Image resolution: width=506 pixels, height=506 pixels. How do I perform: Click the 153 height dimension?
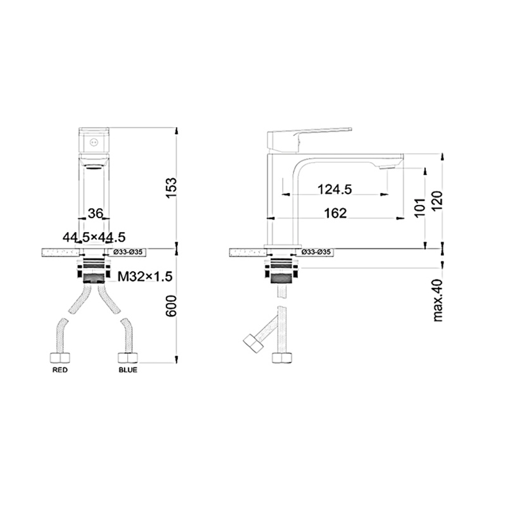(x=171, y=188)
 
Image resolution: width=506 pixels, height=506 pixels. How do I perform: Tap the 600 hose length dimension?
(x=171, y=305)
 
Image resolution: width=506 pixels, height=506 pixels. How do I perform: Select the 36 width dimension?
(x=96, y=213)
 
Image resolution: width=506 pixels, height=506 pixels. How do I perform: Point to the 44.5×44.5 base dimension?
(x=94, y=237)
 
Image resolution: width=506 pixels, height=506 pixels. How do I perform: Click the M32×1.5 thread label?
(x=145, y=276)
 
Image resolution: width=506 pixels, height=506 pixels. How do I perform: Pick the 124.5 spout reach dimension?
(x=335, y=189)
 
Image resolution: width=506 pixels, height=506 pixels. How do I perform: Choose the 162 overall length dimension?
(x=335, y=213)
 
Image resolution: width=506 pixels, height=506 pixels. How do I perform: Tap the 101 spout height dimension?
(x=420, y=207)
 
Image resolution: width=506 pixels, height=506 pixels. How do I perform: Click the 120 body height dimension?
(x=437, y=201)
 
